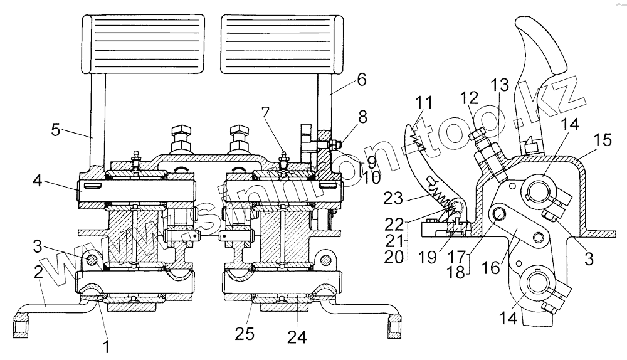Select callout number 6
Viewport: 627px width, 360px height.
[x=362, y=80]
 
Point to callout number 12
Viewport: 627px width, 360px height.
[x=468, y=97]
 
